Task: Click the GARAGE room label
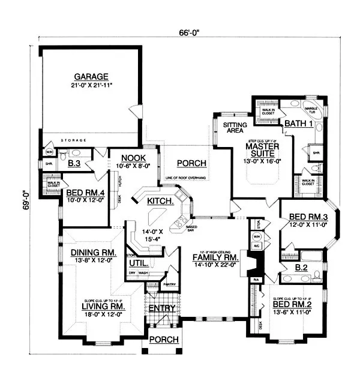91,77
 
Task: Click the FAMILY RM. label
215,257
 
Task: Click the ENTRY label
162,308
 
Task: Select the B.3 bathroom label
74,163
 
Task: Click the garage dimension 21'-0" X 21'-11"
91,85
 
